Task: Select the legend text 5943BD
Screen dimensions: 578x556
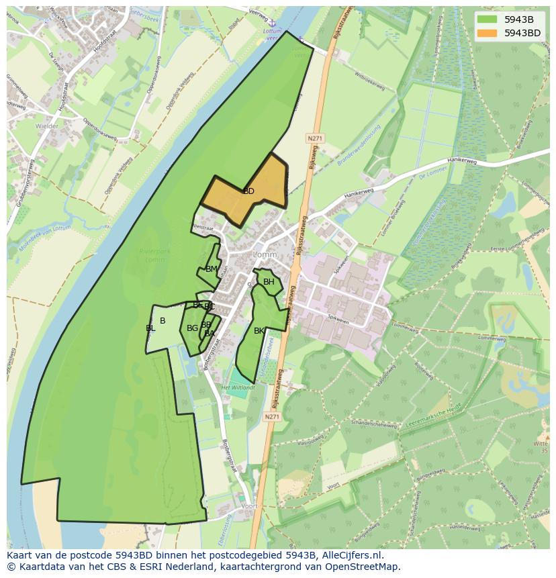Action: (x=522, y=32)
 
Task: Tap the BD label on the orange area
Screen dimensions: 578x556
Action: (x=248, y=191)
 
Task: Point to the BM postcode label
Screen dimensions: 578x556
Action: (x=212, y=269)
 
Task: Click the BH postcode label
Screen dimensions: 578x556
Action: (x=269, y=282)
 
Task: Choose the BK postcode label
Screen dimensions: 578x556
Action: (x=259, y=331)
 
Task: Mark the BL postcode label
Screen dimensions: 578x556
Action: (x=150, y=328)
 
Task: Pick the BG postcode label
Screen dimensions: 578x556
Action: (x=192, y=328)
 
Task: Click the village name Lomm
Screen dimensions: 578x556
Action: (x=265, y=255)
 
